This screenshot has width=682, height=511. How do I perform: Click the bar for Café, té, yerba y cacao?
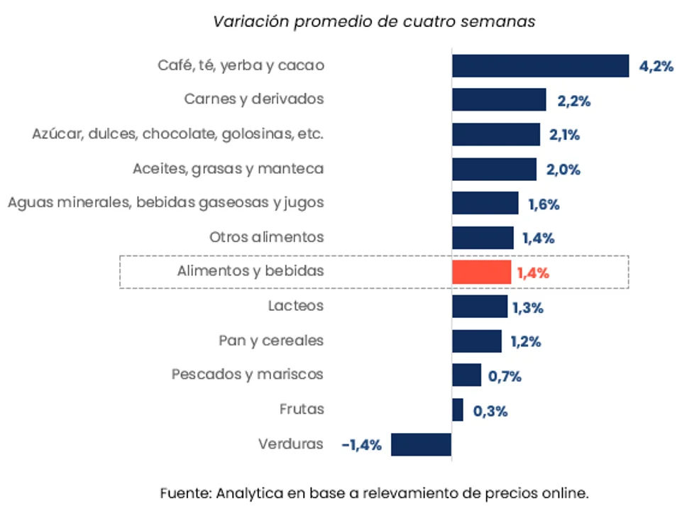point(540,66)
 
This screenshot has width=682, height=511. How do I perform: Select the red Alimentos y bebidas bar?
point(481,273)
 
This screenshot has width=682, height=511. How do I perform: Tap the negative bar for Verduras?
point(421,445)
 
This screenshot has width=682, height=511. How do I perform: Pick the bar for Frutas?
point(458,410)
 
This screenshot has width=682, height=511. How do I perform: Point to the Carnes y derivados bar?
point(499,100)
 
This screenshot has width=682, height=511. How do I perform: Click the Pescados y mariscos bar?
point(466,375)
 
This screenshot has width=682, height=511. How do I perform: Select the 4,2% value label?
point(656,67)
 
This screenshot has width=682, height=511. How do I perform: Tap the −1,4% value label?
point(361,445)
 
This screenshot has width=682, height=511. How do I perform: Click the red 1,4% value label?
point(533,273)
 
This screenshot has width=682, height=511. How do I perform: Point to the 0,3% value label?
point(491,411)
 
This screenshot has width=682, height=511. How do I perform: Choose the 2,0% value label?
point(564,170)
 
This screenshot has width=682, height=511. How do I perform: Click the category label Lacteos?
point(296,306)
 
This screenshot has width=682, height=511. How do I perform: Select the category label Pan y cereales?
point(271,341)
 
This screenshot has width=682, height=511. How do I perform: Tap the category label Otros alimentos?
point(267,237)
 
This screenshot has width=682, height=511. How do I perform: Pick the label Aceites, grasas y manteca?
point(228,169)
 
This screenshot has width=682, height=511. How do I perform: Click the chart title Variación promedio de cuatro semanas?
point(375,21)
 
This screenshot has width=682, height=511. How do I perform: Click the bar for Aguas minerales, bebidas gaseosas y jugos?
point(485,204)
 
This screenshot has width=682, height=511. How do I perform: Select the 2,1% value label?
point(566,135)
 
